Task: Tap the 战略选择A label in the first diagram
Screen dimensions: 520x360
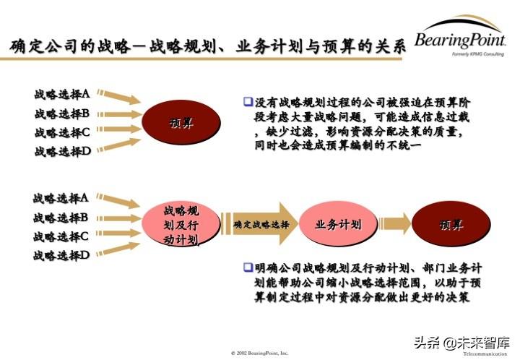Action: tap(62, 94)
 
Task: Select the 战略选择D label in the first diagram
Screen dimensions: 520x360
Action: tap(62, 152)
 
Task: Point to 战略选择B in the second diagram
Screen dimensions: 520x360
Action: tap(61, 217)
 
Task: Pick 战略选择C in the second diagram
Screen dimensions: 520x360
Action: tap(61, 236)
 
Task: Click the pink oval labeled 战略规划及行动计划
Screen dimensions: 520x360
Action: tap(181, 225)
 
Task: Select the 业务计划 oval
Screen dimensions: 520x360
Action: tap(338, 225)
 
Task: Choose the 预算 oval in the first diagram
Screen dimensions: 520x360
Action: tap(181, 122)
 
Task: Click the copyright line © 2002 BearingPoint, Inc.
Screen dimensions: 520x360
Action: tap(259, 353)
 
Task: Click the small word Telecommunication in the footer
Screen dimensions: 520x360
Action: tap(485, 355)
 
